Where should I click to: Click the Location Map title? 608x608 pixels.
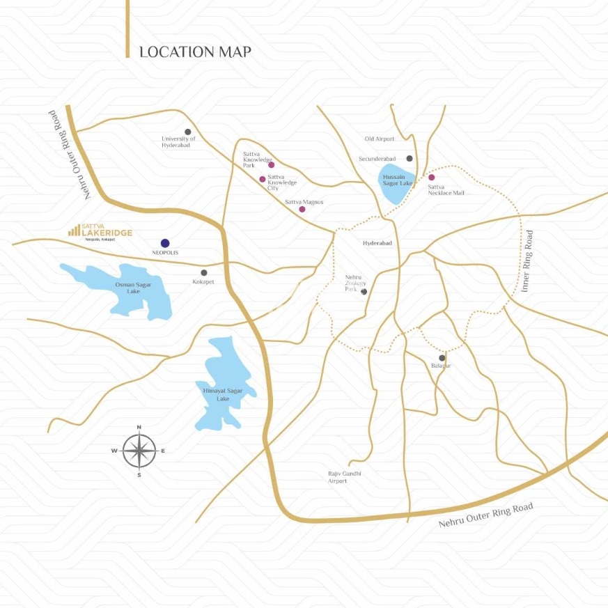coord(195,52)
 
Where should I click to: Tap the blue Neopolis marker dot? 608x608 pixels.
coord(165,243)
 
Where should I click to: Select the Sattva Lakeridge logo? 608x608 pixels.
coord(100,232)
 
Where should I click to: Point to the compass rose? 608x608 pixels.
coord(139,451)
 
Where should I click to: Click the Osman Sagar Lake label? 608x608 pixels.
coord(128,288)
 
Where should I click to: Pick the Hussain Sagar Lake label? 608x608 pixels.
coord(398,180)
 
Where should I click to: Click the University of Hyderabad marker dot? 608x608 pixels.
coord(187,132)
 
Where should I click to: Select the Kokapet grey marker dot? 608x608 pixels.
coord(204,272)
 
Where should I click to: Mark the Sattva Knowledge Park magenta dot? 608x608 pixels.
coord(272,165)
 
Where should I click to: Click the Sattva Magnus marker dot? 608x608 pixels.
coord(302,209)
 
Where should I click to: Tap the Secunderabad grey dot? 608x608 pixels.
coord(410,159)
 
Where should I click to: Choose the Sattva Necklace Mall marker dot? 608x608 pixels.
coord(431,178)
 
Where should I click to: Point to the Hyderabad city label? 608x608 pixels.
coord(377,243)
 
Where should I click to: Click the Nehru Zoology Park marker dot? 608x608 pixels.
coord(364,292)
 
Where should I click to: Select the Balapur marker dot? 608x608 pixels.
coord(442,358)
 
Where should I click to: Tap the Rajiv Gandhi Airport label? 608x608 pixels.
coord(345,477)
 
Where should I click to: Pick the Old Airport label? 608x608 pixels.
coord(380,139)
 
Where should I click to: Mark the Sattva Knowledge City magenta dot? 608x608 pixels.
coord(263,179)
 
